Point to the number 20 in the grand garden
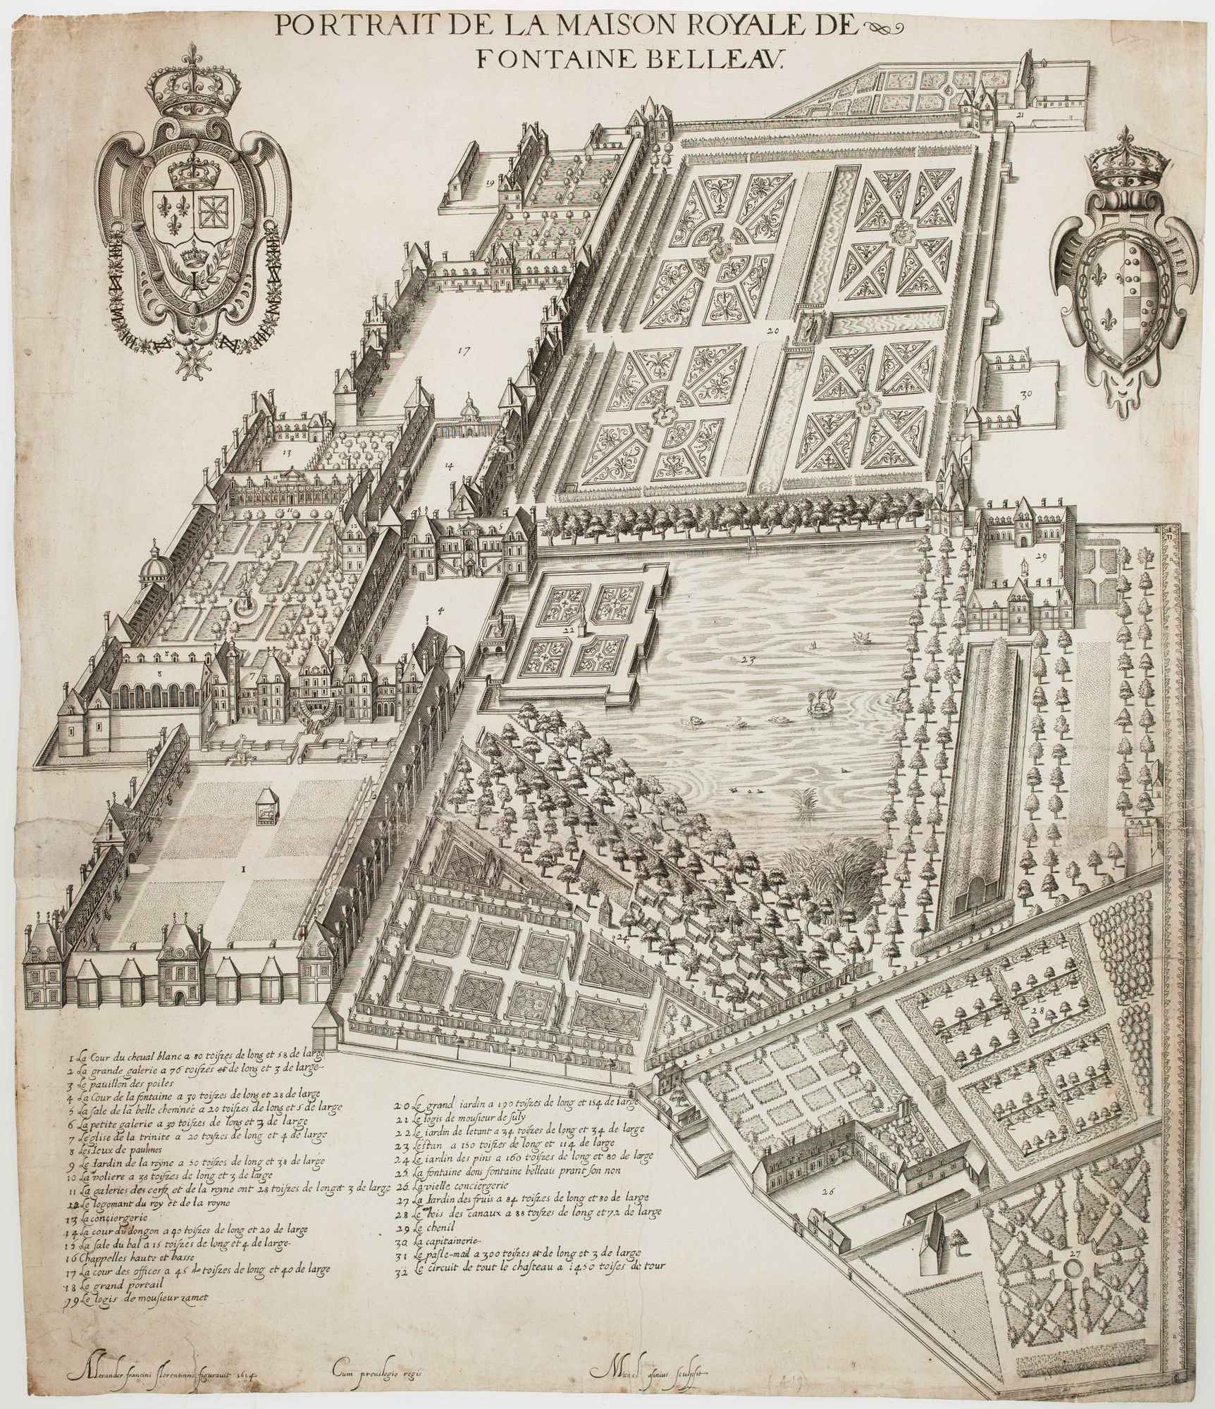pos(772,330)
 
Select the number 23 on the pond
pos(748,660)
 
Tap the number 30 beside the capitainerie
pos(1027,395)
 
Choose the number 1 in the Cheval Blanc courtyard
pos(243,869)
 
